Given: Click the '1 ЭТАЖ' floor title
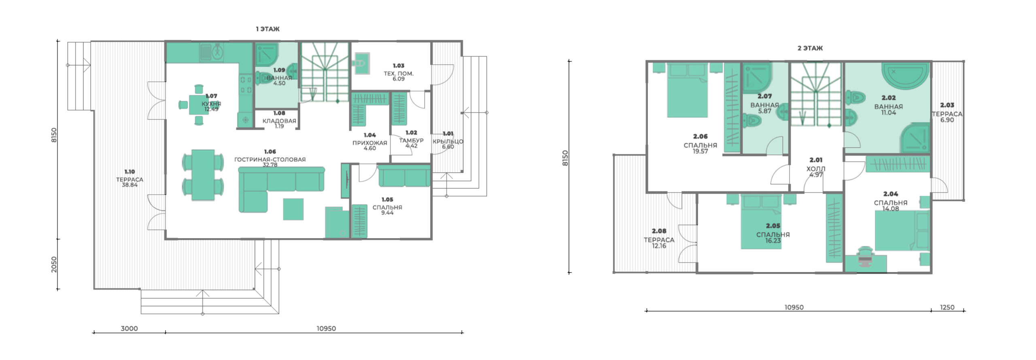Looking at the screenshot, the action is (x=267, y=29).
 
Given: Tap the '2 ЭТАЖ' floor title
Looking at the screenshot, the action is (x=810, y=48).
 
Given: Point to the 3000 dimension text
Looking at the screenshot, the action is (x=129, y=328).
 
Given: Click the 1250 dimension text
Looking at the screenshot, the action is (x=947, y=307).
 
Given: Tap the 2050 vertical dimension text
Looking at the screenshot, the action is (x=54, y=265).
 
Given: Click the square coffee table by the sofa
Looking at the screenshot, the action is (x=293, y=209).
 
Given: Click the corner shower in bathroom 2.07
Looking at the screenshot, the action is (x=757, y=77).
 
